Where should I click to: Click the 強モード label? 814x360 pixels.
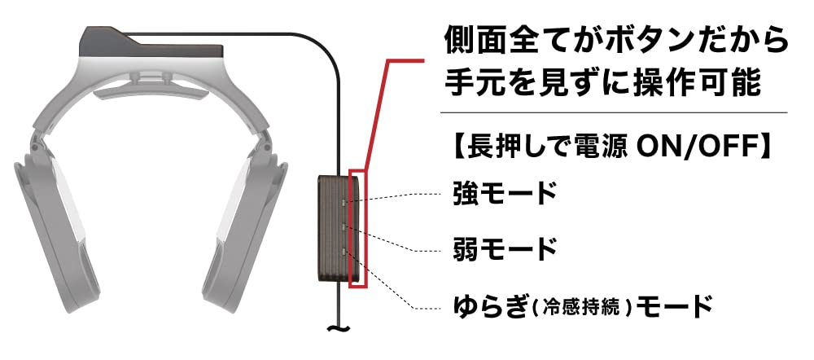[x=505, y=194]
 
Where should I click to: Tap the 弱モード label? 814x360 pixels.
[x=505, y=247]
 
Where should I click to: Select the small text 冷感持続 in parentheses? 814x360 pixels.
[x=585, y=309]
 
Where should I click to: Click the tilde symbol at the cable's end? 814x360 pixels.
[x=334, y=331]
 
